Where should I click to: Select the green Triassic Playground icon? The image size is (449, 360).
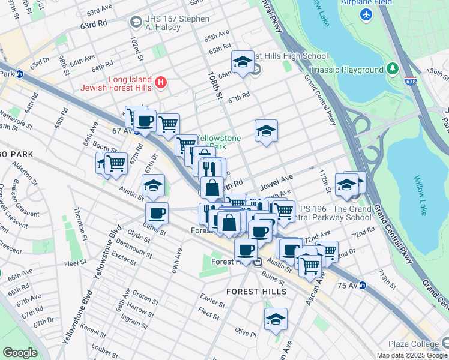392,70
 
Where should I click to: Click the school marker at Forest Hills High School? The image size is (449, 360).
242,62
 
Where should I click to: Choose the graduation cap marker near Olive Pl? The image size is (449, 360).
276,319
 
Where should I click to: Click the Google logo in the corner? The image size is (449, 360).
19,353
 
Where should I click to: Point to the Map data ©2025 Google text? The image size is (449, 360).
411,355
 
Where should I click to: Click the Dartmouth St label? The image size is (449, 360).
140,244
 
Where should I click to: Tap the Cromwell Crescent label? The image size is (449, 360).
14,209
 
